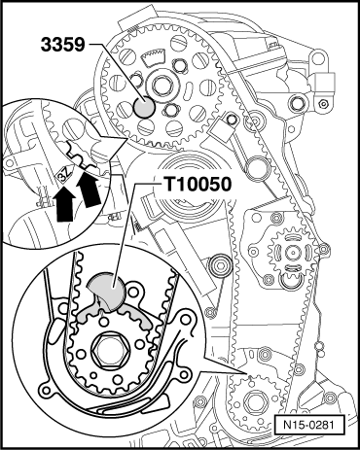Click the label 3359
[x=62, y=45]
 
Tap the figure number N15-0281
[x=308, y=425]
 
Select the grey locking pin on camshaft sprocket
[x=144, y=106]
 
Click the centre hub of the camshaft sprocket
[x=161, y=86]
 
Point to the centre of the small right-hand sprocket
[x=293, y=252]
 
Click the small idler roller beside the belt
[x=220, y=266]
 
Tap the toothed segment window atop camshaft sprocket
[x=153, y=55]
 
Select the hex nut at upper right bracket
[x=323, y=104]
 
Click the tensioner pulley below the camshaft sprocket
[x=190, y=188]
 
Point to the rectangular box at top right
[x=325, y=82]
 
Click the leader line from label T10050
[x=126, y=234]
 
